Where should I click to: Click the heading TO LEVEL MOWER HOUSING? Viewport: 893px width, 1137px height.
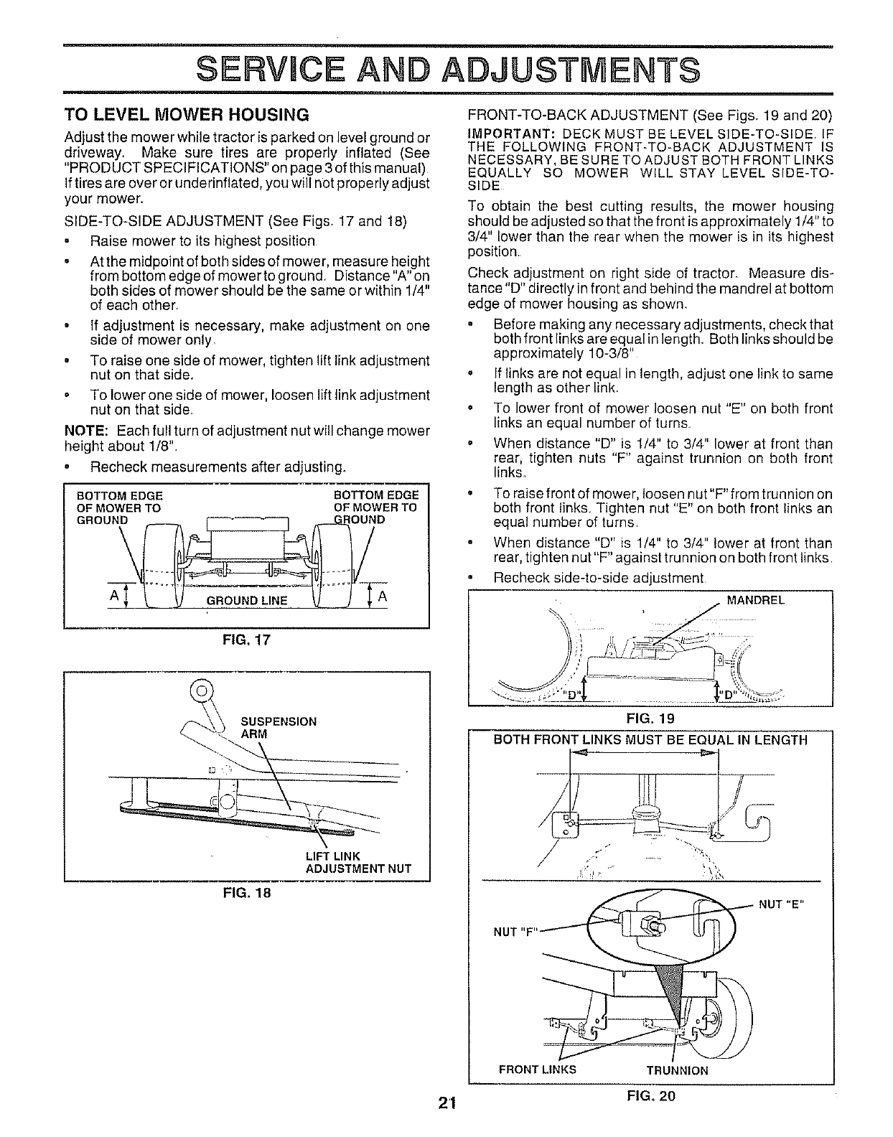187,114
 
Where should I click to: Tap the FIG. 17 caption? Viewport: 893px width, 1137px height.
246,638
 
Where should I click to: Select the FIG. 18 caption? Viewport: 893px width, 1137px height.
246,893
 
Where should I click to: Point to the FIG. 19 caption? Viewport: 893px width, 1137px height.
651,717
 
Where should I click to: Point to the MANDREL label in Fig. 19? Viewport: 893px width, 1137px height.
756,601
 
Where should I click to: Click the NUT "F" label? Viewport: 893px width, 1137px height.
514,932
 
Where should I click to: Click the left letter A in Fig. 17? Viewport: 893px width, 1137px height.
113,597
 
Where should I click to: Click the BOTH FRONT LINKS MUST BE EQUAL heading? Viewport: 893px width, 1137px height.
650,740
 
